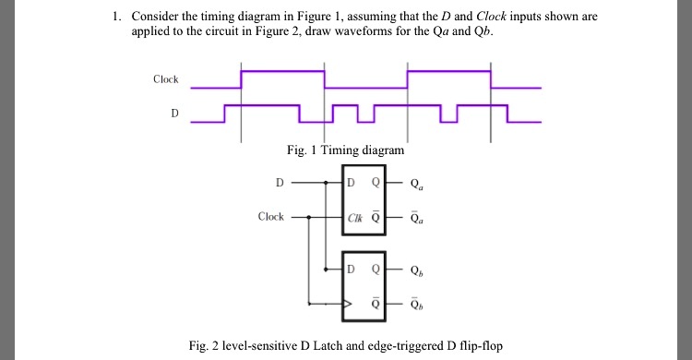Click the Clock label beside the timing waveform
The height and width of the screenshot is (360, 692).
tap(166, 79)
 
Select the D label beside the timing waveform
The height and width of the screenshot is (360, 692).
tap(175, 114)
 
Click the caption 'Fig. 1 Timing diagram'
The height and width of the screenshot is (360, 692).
tap(346, 150)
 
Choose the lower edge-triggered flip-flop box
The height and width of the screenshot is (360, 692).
tap(365, 286)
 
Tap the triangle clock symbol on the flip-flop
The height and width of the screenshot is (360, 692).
tap(347, 303)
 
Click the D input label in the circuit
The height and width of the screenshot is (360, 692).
tap(280, 182)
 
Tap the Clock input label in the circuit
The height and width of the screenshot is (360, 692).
tap(270, 217)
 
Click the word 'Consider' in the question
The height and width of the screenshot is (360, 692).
tap(156, 18)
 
